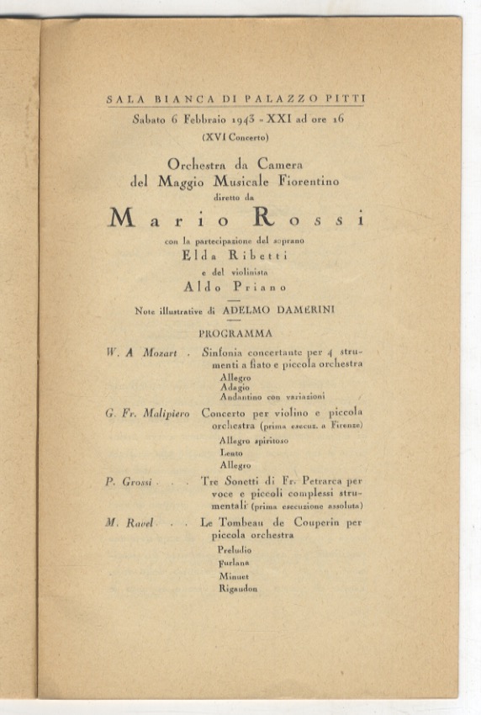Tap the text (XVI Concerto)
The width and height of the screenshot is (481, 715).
point(236,136)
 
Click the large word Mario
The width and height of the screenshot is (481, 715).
point(169,218)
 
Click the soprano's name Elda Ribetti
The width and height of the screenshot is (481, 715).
point(235,257)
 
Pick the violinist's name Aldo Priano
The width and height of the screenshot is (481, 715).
point(235,286)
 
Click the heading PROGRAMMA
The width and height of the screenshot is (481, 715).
point(235,333)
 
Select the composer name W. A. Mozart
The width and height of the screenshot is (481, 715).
point(141,353)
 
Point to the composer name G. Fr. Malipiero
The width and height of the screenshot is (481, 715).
point(148,414)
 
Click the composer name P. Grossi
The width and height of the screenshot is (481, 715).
point(128,482)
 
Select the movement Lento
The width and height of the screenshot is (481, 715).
point(230,453)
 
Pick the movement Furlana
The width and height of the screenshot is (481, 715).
point(233,562)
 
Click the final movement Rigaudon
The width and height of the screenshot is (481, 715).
point(237,589)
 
